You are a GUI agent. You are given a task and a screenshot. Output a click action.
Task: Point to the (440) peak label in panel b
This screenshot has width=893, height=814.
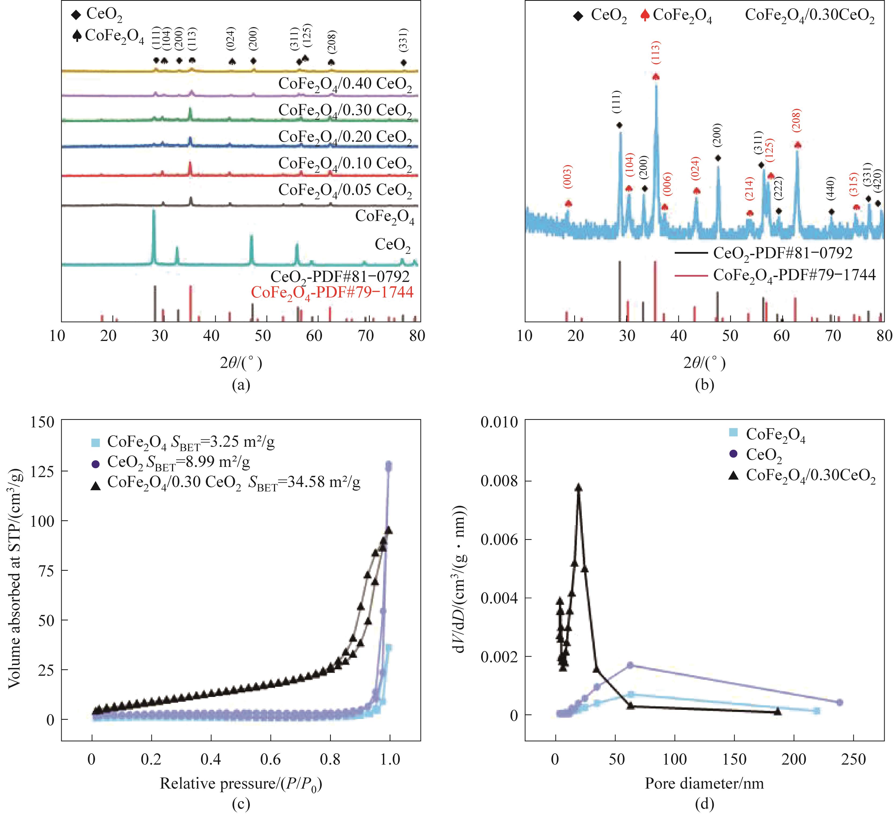(x=831, y=189)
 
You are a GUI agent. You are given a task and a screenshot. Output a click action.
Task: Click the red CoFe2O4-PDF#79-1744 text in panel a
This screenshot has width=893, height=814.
(x=332, y=292)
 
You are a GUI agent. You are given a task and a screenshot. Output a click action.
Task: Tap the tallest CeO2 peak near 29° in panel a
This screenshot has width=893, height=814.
(x=154, y=212)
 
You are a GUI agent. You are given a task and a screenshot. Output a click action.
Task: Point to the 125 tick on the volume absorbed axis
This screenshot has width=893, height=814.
(x=43, y=471)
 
